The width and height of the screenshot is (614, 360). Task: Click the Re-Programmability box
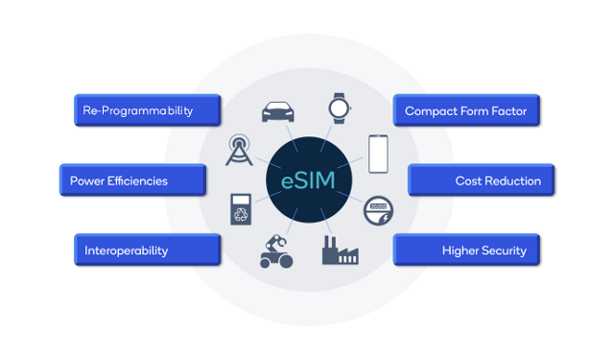pos(148,110)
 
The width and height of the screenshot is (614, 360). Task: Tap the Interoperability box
pos(148,251)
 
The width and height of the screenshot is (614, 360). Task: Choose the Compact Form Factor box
pos(466,110)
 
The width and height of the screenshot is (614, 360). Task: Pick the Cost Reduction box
pos(482,180)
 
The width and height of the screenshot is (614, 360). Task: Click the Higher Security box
pos(466,251)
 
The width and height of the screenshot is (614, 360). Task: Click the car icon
pos(275,110)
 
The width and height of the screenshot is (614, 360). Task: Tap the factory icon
pos(338,251)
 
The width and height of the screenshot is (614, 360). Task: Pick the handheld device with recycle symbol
pos(239,209)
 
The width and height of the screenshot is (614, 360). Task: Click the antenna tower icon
pos(239,151)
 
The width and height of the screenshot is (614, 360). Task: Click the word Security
pos(501,251)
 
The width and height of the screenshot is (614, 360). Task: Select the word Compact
pos(431,110)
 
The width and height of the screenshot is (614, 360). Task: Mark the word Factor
pos(508,110)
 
